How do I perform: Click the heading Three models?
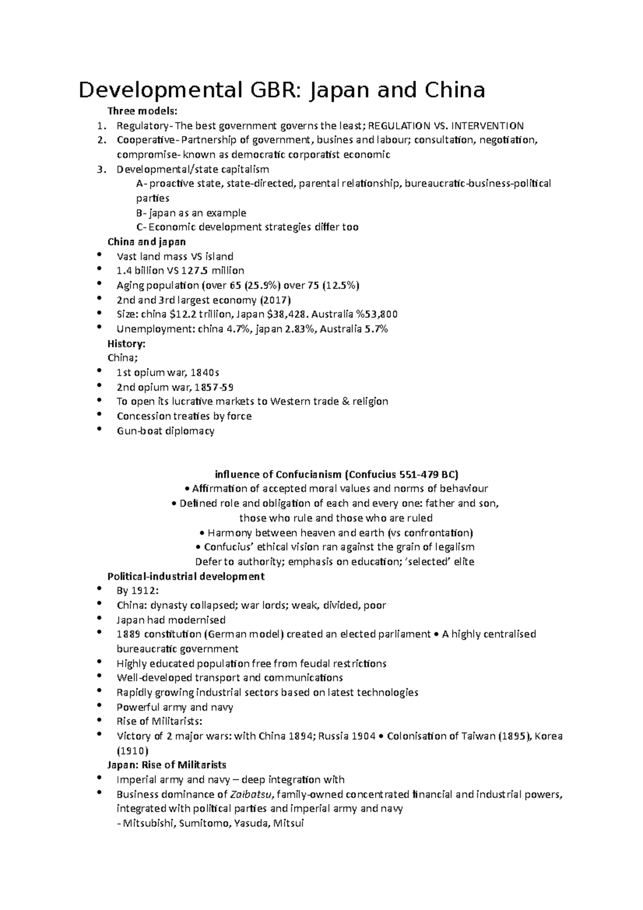point(142,111)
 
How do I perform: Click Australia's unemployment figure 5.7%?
point(376,329)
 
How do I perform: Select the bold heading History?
point(126,344)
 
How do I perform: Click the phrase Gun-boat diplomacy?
point(166,431)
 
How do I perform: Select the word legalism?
point(452,547)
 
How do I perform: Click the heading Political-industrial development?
point(186,577)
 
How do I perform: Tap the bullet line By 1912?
point(138,591)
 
